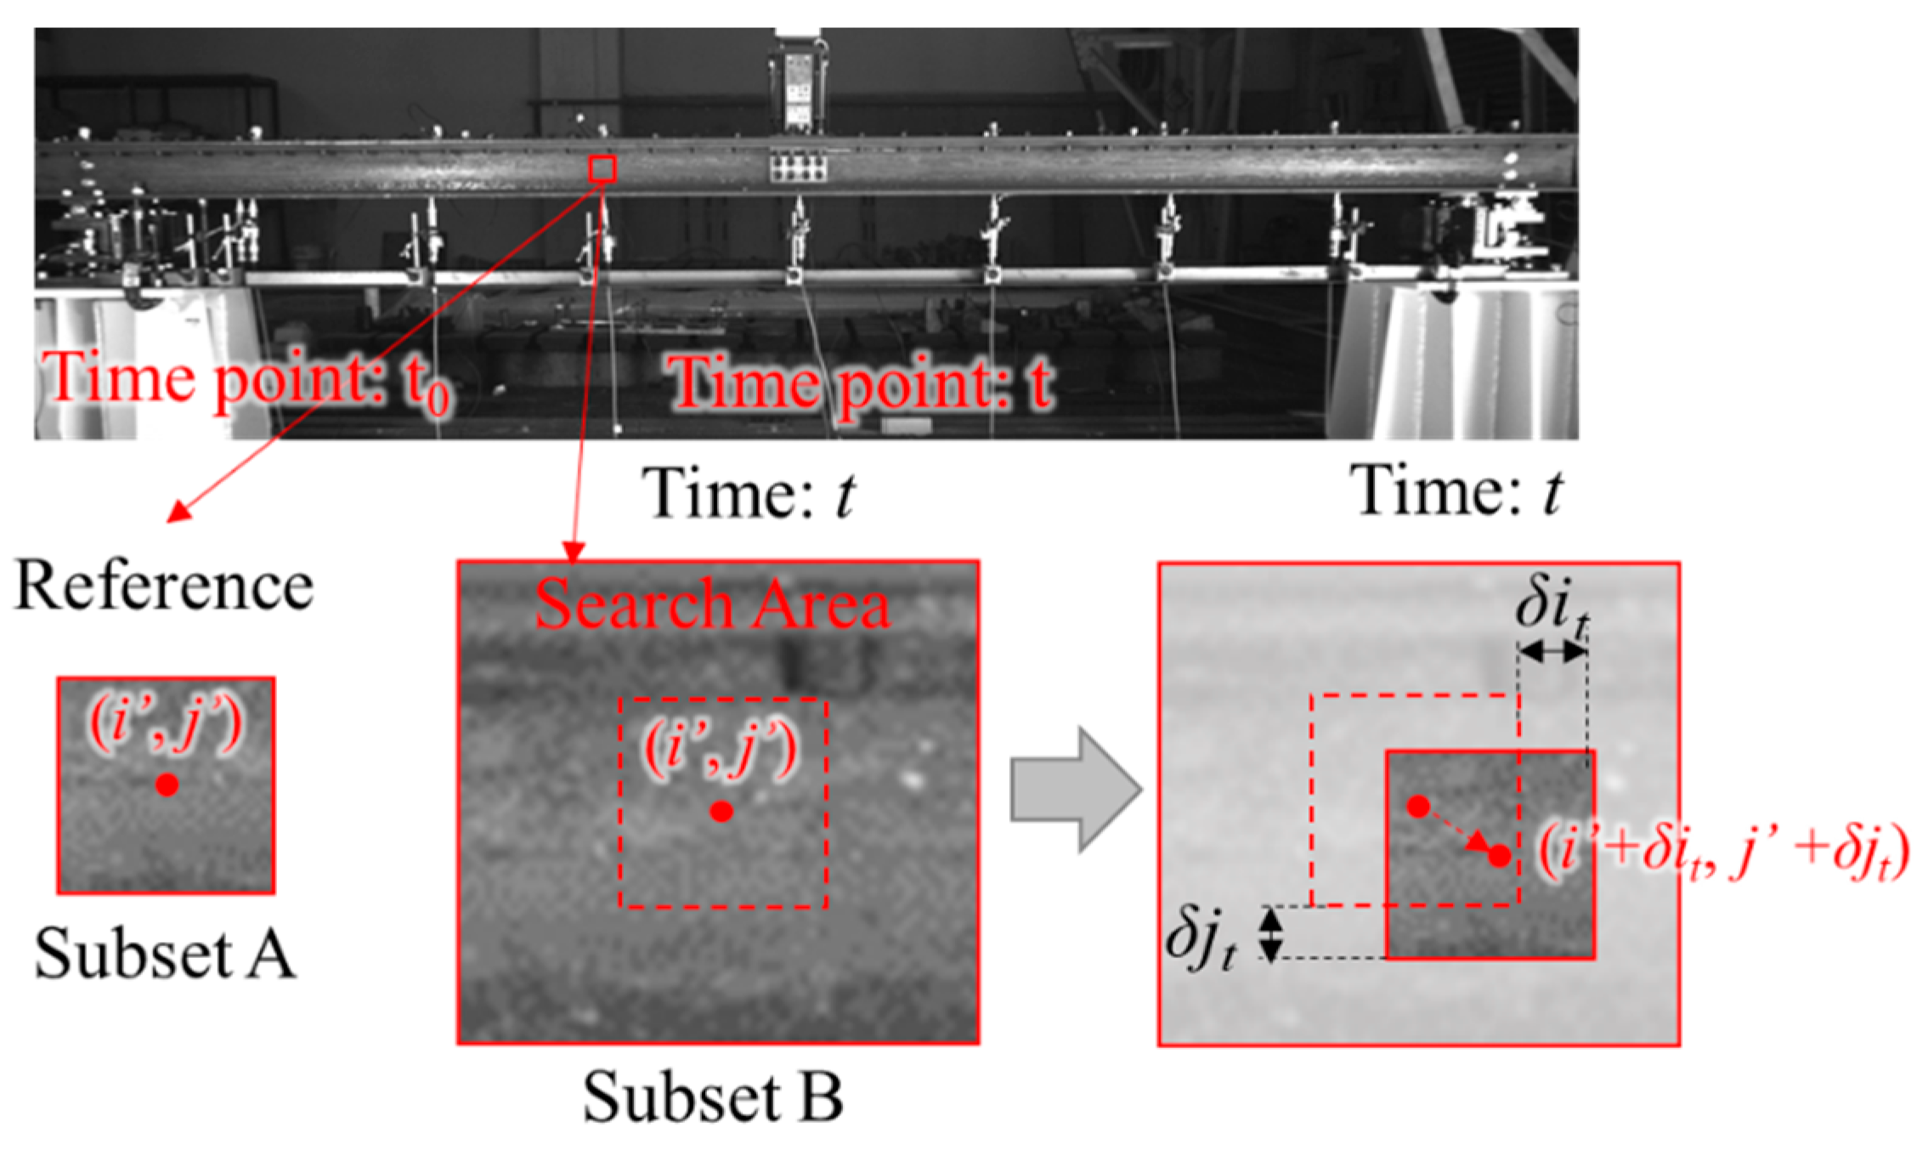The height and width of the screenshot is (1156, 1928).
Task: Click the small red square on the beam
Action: tap(602, 168)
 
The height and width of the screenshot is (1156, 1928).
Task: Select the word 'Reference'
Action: tap(164, 586)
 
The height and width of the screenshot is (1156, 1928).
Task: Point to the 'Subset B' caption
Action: tap(712, 1096)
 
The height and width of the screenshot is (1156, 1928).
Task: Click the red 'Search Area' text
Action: tap(712, 604)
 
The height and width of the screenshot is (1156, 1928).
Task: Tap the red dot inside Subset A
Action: tap(167, 785)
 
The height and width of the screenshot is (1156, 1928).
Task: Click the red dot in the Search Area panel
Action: tap(721, 812)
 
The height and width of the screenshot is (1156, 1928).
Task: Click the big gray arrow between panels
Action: tap(1075, 789)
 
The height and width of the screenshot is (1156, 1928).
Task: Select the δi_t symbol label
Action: tap(1552, 609)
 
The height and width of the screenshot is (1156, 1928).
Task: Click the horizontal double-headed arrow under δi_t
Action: tap(1552, 652)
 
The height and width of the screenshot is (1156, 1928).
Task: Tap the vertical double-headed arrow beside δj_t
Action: tap(1269, 933)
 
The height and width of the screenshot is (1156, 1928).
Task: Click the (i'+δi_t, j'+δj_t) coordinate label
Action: tap(1725, 850)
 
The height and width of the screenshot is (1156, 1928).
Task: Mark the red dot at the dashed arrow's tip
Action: tap(1500, 856)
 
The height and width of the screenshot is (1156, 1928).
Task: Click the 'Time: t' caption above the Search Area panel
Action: tap(749, 493)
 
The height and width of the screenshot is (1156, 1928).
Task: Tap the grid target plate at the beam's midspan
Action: tap(798, 167)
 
